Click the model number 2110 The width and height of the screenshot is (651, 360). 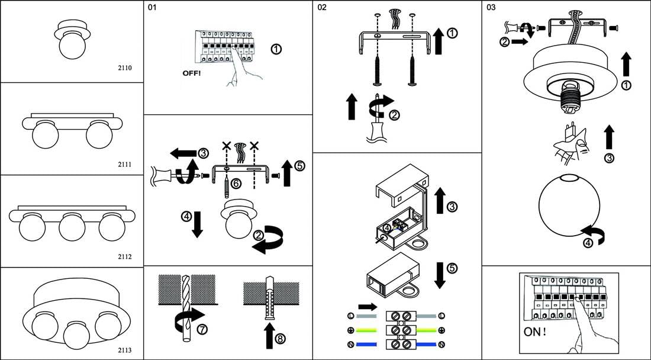click(124, 67)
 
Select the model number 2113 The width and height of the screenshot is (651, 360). click(124, 350)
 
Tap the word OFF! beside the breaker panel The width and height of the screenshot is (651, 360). click(191, 73)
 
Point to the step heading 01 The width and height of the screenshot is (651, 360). click(152, 7)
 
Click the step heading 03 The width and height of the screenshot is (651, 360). click(491, 7)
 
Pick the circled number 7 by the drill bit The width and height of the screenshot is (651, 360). click(202, 330)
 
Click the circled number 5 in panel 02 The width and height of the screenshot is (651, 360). click(452, 268)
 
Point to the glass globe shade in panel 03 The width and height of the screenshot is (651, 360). click(570, 205)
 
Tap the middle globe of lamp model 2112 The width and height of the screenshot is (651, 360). click(72, 227)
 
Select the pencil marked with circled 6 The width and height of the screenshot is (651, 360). click(226, 187)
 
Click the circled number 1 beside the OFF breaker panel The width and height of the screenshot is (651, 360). click(276, 49)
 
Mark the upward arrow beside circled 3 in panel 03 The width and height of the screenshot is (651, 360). click(608, 137)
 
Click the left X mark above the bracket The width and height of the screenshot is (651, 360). click(226, 145)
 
